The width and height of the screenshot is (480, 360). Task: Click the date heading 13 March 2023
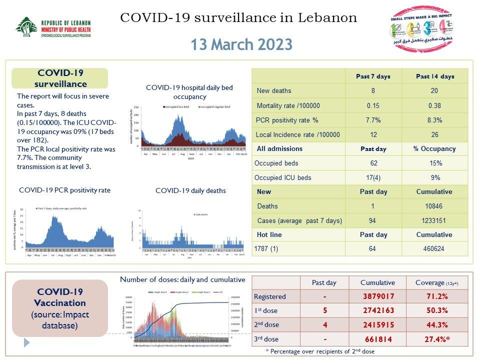[x=241, y=44]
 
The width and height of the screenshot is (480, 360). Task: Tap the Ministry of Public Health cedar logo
[x=25, y=28]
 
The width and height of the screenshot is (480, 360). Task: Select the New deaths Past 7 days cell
[x=372, y=90]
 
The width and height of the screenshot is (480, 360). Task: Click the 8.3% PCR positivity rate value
[x=435, y=120]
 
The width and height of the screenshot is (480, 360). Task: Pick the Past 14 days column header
[x=435, y=76]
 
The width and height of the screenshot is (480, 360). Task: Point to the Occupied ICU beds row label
[x=282, y=177]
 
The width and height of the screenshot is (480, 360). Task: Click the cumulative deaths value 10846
[x=435, y=206]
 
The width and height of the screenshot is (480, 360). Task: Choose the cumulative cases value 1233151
[x=435, y=220]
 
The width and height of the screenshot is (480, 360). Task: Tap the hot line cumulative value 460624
[x=435, y=248]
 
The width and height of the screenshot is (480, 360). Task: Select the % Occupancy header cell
[x=435, y=148]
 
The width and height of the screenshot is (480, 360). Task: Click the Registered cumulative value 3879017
[x=378, y=296]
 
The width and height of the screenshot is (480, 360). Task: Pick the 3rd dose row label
[x=266, y=338]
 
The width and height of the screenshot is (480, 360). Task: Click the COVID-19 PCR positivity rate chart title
[x=64, y=190]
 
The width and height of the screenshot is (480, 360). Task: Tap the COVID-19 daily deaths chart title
[x=190, y=190]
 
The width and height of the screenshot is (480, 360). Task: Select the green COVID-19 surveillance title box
[x=60, y=79]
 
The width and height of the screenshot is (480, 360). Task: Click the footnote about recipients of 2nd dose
[x=320, y=351]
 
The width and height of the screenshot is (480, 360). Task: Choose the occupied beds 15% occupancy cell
[x=435, y=163]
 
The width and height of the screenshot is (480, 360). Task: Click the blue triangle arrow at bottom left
[x=27, y=342]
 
